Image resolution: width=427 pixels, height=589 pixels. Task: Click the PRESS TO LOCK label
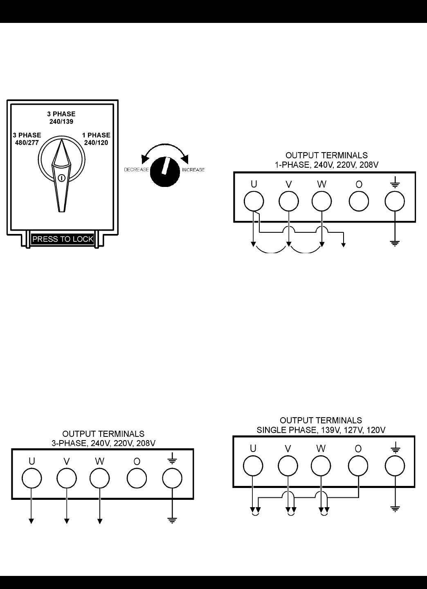63,239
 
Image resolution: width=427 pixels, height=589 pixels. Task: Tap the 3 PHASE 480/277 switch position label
26,139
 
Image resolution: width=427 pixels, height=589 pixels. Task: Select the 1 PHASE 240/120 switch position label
96,139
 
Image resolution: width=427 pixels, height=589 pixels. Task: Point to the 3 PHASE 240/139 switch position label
61,118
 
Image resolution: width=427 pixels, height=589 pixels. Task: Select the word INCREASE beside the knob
193,170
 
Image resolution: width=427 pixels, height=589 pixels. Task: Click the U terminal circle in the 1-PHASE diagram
254,201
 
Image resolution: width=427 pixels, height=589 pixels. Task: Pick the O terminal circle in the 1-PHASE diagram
359,201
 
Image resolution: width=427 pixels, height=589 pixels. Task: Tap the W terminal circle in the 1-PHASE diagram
322,201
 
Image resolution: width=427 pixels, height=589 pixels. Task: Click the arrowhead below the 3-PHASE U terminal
31,521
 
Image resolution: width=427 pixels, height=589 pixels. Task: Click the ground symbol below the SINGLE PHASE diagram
395,508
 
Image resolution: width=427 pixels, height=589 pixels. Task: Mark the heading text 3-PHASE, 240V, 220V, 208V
103,443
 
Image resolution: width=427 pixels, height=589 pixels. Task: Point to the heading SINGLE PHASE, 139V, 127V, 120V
321,430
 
